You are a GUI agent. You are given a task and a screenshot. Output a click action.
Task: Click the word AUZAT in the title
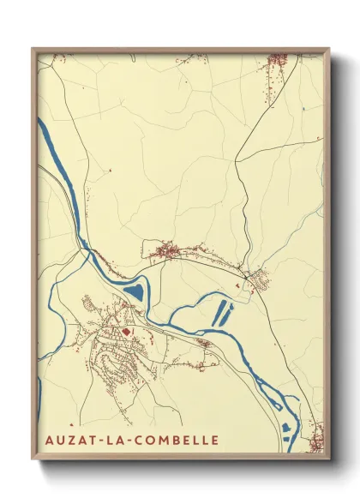pyautogui.click(x=70, y=441)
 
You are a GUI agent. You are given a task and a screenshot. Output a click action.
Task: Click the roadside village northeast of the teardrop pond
pyautogui.click(x=168, y=251)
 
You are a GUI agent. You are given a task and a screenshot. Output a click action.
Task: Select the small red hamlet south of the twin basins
pyautogui.click(x=205, y=344)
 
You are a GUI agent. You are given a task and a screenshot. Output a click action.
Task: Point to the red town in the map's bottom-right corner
pyautogui.click(x=316, y=435)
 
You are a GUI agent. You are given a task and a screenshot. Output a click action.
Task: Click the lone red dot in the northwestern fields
pyautogui.click(x=110, y=171)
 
